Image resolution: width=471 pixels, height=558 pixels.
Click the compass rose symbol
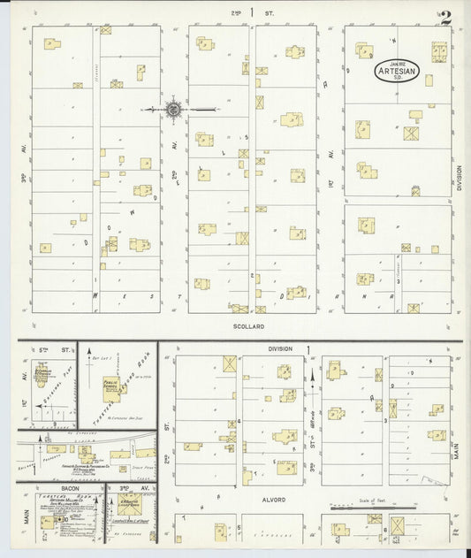point(174,110)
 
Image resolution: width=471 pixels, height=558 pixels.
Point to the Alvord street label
point(272,500)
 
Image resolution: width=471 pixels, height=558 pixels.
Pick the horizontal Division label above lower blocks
point(278,348)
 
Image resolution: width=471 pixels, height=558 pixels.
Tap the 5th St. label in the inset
point(46,350)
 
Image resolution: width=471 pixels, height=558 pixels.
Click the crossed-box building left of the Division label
point(230,363)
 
